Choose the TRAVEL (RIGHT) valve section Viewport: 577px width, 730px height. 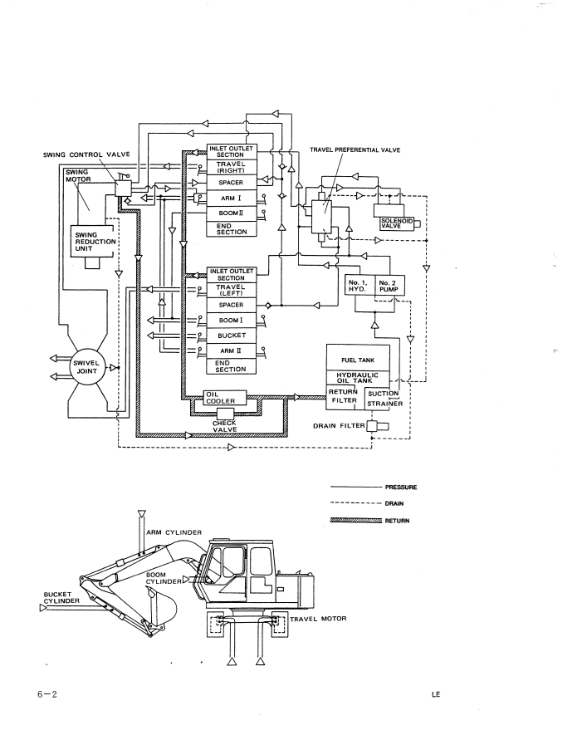click(x=228, y=169)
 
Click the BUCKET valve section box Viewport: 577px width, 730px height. click(x=228, y=336)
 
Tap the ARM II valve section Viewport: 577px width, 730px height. click(x=228, y=351)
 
